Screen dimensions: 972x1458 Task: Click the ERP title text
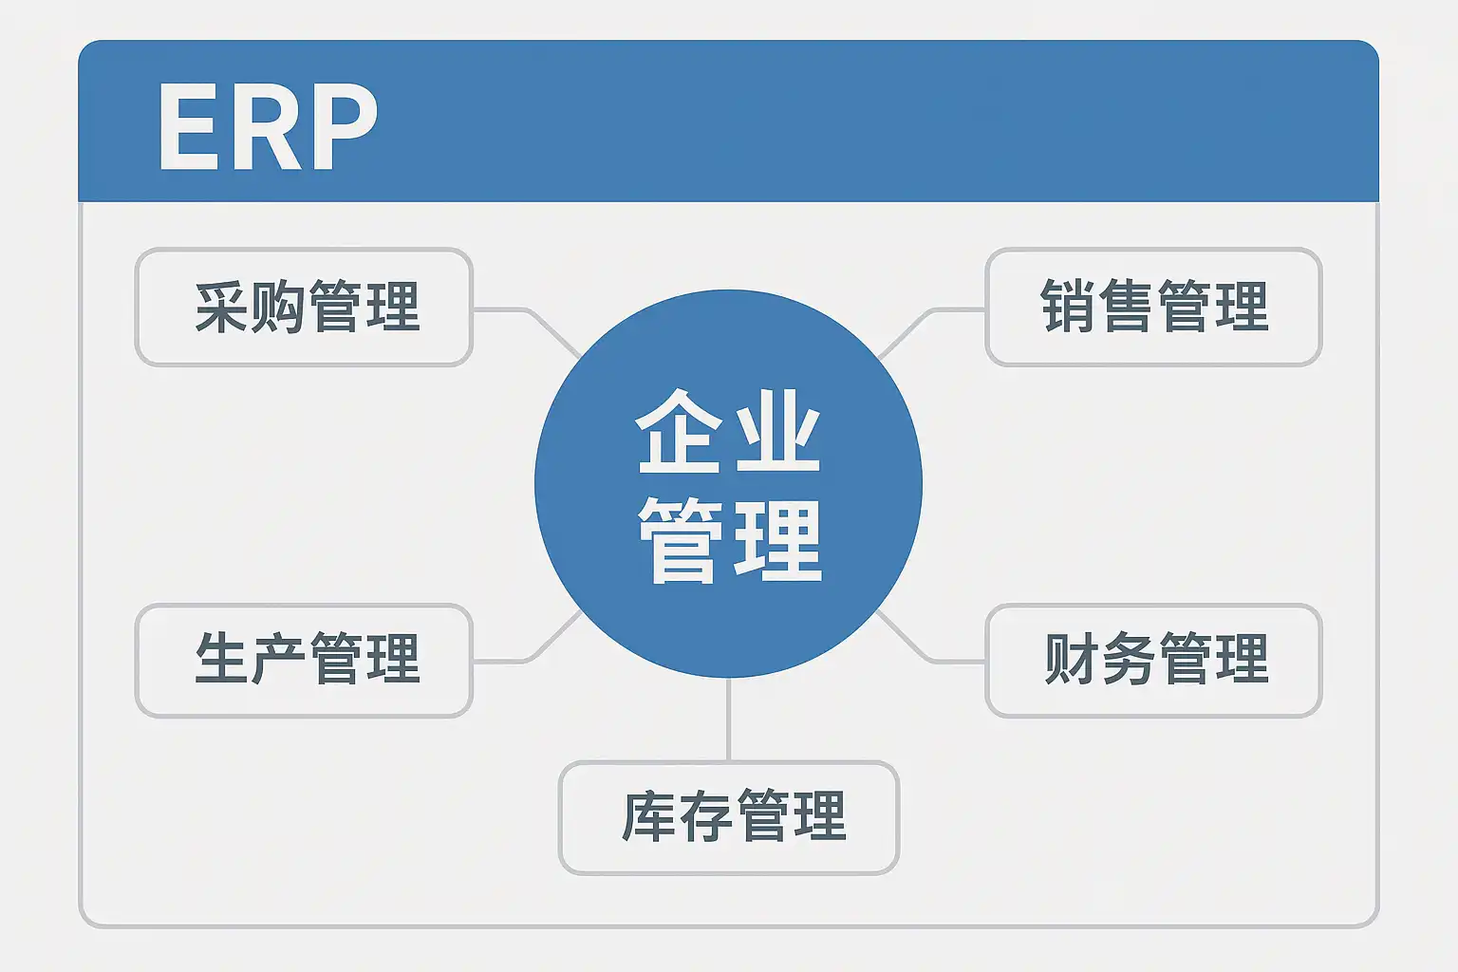(268, 127)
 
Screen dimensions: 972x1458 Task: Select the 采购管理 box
(304, 308)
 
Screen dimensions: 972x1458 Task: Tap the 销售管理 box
(1153, 308)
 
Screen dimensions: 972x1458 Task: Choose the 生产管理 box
(304, 660)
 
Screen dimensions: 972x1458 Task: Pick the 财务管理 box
(1153, 660)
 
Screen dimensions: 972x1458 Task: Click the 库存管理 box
(728, 817)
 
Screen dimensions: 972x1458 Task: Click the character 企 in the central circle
(676, 431)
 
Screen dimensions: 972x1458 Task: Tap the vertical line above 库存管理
(728, 720)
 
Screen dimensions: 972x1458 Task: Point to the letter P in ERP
(344, 127)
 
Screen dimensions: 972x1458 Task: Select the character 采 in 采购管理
(221, 308)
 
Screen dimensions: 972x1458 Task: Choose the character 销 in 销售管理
(1068, 308)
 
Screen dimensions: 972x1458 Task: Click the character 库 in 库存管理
(648, 817)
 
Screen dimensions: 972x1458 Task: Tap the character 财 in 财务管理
(1071, 660)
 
